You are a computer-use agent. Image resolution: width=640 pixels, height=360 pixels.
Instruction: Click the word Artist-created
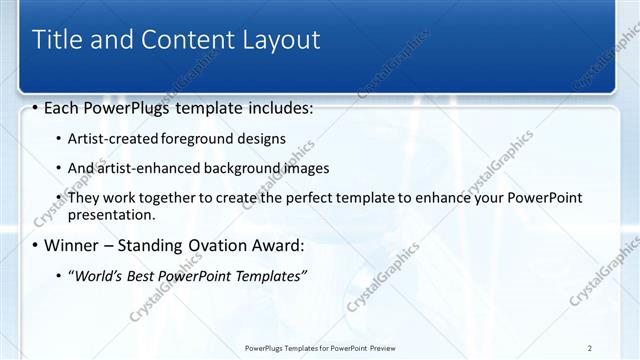click(106, 138)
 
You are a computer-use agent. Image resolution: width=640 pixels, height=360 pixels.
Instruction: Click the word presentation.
click(110, 215)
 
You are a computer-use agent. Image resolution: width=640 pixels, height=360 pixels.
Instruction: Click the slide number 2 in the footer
click(590, 347)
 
